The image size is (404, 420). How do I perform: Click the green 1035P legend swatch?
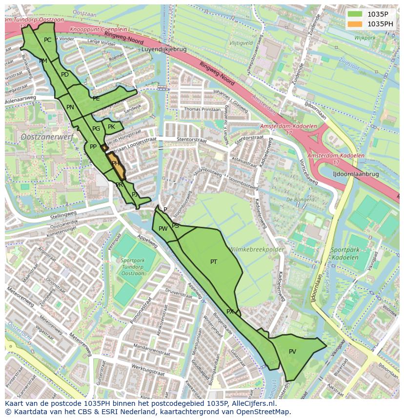pyautogui.click(x=355, y=14)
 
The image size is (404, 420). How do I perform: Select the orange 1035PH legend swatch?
pyautogui.click(x=355, y=24)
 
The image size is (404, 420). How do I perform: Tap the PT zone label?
pyautogui.click(x=214, y=262)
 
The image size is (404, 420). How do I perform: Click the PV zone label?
pyautogui.click(x=292, y=352)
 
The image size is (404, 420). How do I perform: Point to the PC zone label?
pyautogui.click(x=47, y=40)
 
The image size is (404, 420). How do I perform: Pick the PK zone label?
pyautogui.click(x=111, y=127)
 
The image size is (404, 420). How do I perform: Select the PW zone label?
pyautogui.click(x=163, y=229)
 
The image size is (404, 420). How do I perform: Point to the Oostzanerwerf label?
pyautogui.click(x=47, y=137)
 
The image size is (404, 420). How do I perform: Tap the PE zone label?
pyautogui.click(x=96, y=99)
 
